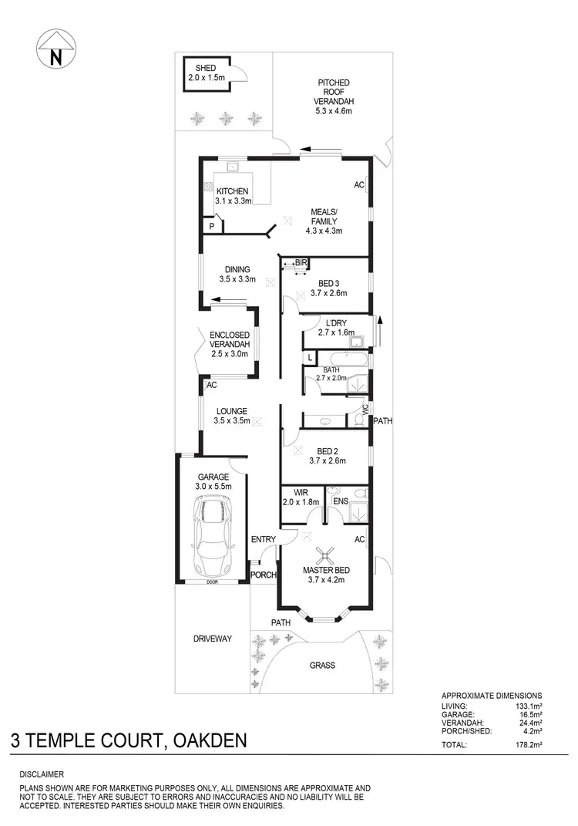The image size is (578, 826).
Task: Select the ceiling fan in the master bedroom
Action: click(x=328, y=554)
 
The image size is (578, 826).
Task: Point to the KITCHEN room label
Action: click(x=231, y=190)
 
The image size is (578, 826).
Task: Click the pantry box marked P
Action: click(x=211, y=226)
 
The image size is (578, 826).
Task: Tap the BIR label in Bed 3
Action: click(x=301, y=263)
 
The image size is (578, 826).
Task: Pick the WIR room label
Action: click(x=294, y=492)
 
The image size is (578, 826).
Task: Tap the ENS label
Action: click(x=340, y=501)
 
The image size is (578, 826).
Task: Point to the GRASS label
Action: click(x=322, y=665)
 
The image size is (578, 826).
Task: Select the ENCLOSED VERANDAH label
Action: click(x=230, y=339)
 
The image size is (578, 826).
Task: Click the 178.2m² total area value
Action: click(x=526, y=746)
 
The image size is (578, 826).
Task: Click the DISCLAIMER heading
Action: click(x=42, y=774)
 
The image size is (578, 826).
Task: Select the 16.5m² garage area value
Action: click(x=528, y=715)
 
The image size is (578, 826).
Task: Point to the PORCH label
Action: click(x=264, y=575)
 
